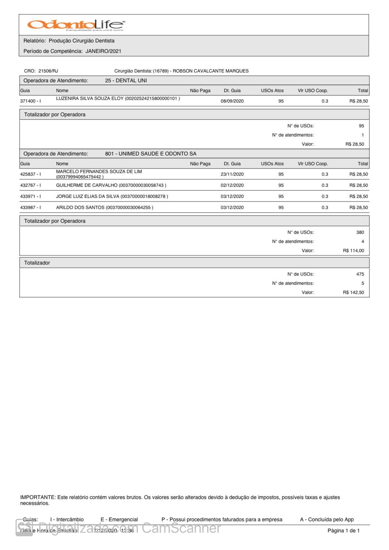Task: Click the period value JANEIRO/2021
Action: [x=103, y=51]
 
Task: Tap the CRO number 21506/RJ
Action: [x=48, y=71]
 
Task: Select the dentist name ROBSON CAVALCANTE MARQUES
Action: [x=210, y=71]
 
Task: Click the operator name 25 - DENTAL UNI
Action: [x=126, y=81]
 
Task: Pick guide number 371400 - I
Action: [x=31, y=101]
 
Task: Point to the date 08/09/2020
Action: [x=232, y=101]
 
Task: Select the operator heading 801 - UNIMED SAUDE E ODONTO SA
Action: [x=151, y=154]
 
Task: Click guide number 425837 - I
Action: [x=31, y=174]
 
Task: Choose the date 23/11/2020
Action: [x=232, y=174]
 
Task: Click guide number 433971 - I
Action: [x=31, y=197]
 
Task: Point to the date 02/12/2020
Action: [x=232, y=186]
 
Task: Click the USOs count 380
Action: [x=360, y=233]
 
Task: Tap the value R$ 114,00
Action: [x=353, y=251]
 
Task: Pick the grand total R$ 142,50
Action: [x=353, y=293]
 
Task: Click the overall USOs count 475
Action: [x=360, y=274]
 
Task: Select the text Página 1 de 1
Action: [x=343, y=531]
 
